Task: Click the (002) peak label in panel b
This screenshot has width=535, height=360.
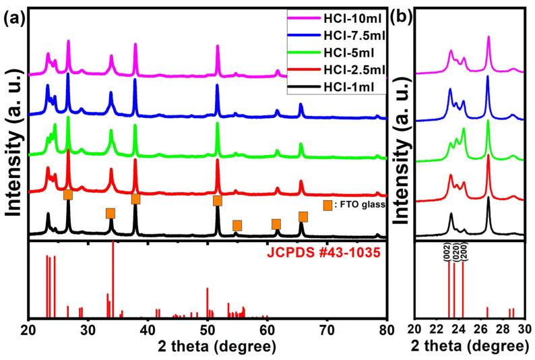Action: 447,251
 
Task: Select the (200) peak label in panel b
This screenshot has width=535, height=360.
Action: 463,251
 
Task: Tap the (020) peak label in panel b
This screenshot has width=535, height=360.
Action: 455,251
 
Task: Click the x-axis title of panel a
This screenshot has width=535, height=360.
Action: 207,347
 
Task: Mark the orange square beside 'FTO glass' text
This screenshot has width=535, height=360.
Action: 327,206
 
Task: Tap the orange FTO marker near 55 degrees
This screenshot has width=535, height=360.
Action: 237,225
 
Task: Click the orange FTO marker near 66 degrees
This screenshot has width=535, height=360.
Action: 303,216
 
